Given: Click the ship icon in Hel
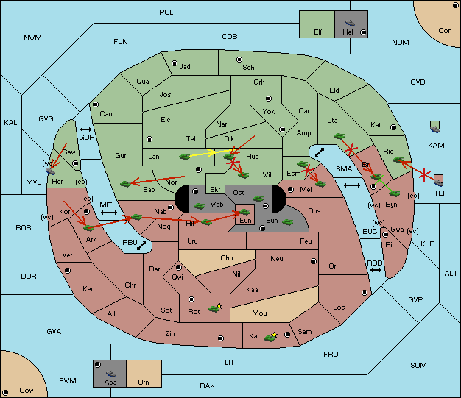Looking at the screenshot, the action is tap(350, 23).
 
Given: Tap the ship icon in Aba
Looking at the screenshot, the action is tap(111, 373).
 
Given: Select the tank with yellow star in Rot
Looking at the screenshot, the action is tap(215, 308).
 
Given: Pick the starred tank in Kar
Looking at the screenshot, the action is tap(270, 337).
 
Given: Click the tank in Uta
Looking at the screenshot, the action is tap(339, 136).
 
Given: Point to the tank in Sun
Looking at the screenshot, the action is tap(287, 222).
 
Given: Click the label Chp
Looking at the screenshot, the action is tap(226, 258).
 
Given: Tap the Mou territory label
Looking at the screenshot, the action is tap(259, 313).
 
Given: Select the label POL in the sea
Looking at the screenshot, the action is tap(166, 13).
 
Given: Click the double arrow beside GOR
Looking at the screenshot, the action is tap(85, 129).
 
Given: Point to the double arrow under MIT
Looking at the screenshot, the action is tap(109, 213).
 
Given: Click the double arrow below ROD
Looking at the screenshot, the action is tap(376, 270).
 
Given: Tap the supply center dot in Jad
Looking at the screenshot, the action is tap(175, 63).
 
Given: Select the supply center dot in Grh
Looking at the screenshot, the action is tap(269, 99).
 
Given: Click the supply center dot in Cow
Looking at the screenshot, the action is tap(5, 392).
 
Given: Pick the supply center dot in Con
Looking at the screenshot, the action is tap(456, 5).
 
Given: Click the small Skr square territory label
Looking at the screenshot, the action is tap(215, 190).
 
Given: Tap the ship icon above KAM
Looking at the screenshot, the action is tap(434, 127).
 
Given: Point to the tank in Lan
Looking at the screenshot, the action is tap(184, 157).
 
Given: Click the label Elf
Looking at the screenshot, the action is tap(318, 32).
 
